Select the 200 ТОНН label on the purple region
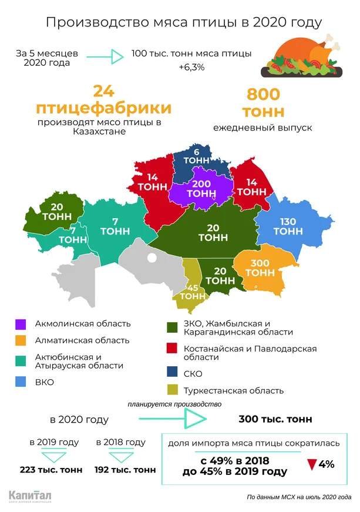[201, 189]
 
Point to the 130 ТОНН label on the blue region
[288, 226]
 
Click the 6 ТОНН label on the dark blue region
[196, 155]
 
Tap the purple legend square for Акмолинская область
[21, 324]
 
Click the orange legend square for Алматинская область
[21, 340]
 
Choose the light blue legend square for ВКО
[21, 383]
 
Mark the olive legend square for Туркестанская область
[173, 390]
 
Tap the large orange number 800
[263, 94]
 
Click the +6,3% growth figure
[191, 68]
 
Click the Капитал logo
[30, 496]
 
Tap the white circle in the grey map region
[152, 257]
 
